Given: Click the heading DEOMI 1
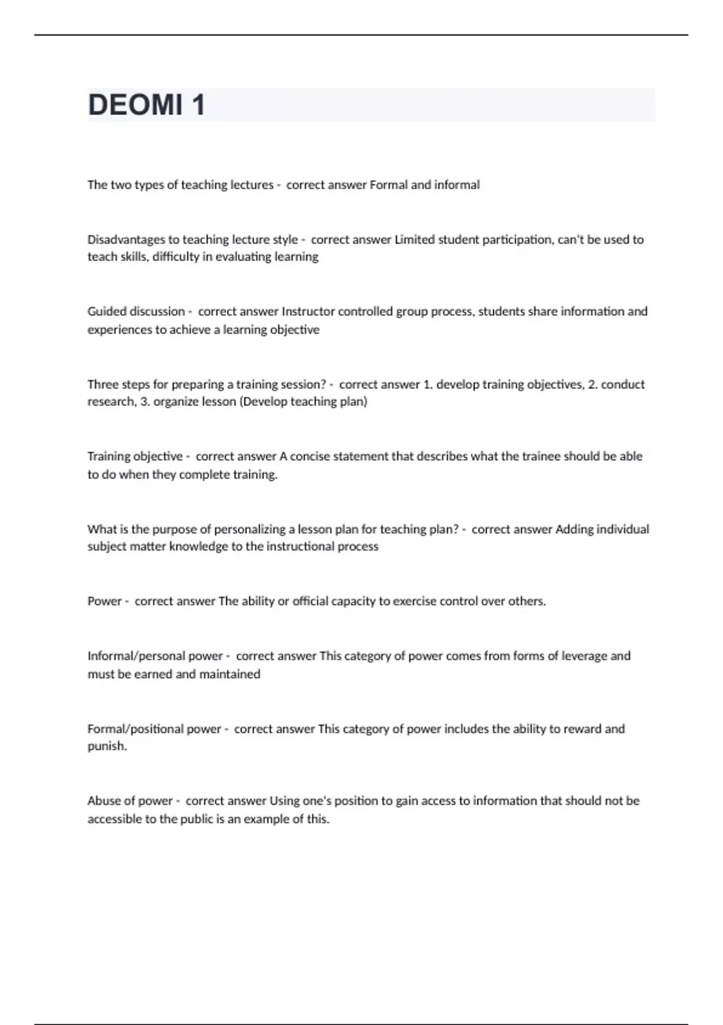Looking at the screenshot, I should click(146, 105).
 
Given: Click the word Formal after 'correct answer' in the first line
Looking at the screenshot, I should click(388, 185).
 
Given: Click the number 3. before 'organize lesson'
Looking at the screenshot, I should click(145, 402).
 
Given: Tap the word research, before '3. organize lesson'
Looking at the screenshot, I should click(112, 402).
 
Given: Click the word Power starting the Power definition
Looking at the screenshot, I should click(104, 601).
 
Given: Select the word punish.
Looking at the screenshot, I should click(107, 746).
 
